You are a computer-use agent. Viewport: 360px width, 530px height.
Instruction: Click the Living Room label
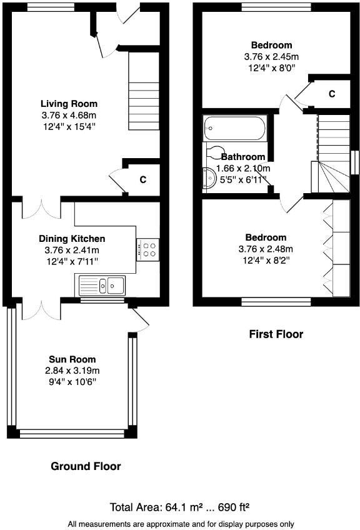coord(69,104)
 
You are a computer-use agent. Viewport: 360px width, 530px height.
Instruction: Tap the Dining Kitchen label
coord(72,239)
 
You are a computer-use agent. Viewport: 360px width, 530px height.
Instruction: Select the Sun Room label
coord(72,359)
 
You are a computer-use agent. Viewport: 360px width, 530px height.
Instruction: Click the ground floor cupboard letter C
coord(142,180)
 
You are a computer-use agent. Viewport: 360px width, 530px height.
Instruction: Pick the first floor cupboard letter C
coord(332,94)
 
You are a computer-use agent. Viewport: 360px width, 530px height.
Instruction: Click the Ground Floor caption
coord(86,466)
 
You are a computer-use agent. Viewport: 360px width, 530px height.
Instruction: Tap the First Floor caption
coord(276,334)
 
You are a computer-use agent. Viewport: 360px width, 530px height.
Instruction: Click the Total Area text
coord(180,507)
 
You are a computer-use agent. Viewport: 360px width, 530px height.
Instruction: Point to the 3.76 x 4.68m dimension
coord(69,116)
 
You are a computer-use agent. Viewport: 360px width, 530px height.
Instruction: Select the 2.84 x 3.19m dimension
coord(72,370)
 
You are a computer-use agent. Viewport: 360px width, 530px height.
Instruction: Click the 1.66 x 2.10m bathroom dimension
coord(243,169)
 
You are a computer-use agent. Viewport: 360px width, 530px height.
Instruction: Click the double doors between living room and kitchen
coord(41,208)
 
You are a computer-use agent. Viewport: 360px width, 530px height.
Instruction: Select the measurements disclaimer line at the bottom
coord(180,524)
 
